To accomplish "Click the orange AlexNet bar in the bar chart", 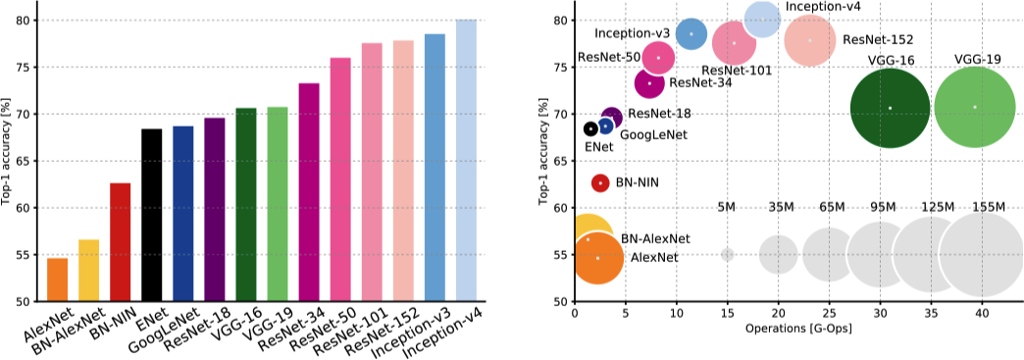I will (57, 280).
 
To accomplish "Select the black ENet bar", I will (151, 215).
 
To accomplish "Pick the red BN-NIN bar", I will (120, 241).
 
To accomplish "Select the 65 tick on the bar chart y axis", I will (25, 161).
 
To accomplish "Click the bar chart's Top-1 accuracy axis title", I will (8, 157).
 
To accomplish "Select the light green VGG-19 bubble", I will (974, 107).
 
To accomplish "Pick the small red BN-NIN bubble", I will (600, 183).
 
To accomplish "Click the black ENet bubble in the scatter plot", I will (590, 129).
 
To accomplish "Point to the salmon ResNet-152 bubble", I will (809, 40).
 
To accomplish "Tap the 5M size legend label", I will (727, 207).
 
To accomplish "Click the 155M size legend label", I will (988, 207).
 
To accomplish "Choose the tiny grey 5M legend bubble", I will (727, 254).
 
